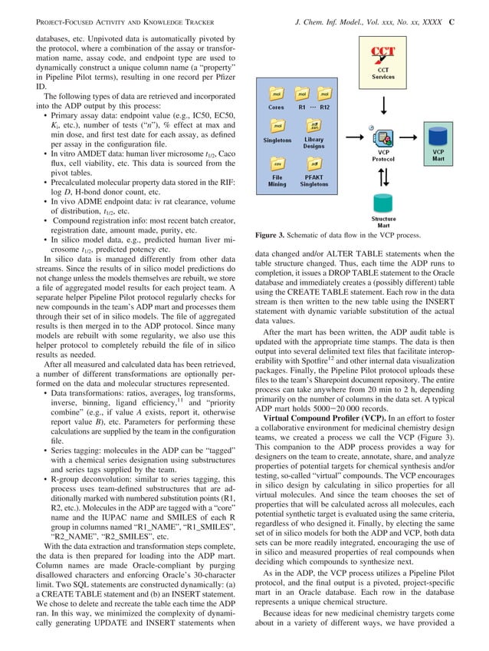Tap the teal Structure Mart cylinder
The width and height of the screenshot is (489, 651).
(x=383, y=207)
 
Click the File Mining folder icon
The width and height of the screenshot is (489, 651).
(x=276, y=165)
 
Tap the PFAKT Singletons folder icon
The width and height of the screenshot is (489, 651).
(x=313, y=165)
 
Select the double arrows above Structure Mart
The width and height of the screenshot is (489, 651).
(x=383, y=176)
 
